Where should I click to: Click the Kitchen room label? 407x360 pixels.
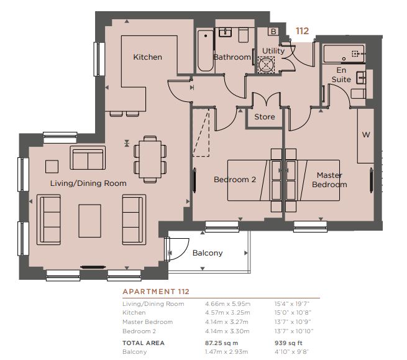coord(147,57)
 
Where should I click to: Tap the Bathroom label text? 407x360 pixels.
coord(232,57)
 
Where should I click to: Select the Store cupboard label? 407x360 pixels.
coord(265,117)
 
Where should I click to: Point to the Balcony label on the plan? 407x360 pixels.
coord(208,253)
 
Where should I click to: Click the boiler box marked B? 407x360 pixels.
coord(273,32)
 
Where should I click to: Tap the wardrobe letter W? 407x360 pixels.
coord(366,134)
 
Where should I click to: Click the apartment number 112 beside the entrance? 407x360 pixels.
coord(303,31)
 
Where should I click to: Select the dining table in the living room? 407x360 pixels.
coord(150,159)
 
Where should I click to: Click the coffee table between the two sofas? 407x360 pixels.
coord(90,221)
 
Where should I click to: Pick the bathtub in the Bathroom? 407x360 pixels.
coord(205,51)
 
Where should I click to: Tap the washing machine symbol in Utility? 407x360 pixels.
coord(266,65)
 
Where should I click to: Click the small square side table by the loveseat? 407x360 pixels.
coord(52,167)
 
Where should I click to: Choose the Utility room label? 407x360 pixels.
coord(273,51)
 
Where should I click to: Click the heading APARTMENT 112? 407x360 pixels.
coord(156,292)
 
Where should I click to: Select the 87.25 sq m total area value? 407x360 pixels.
coord(221,343)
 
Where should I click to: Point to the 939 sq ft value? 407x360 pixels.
coord(289,343)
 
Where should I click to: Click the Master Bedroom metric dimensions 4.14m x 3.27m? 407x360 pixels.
coord(227,322)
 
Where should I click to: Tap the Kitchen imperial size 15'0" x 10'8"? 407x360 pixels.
coord(293,313)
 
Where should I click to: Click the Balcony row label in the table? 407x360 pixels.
coord(134,352)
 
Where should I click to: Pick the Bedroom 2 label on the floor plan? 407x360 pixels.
coord(235,180)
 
